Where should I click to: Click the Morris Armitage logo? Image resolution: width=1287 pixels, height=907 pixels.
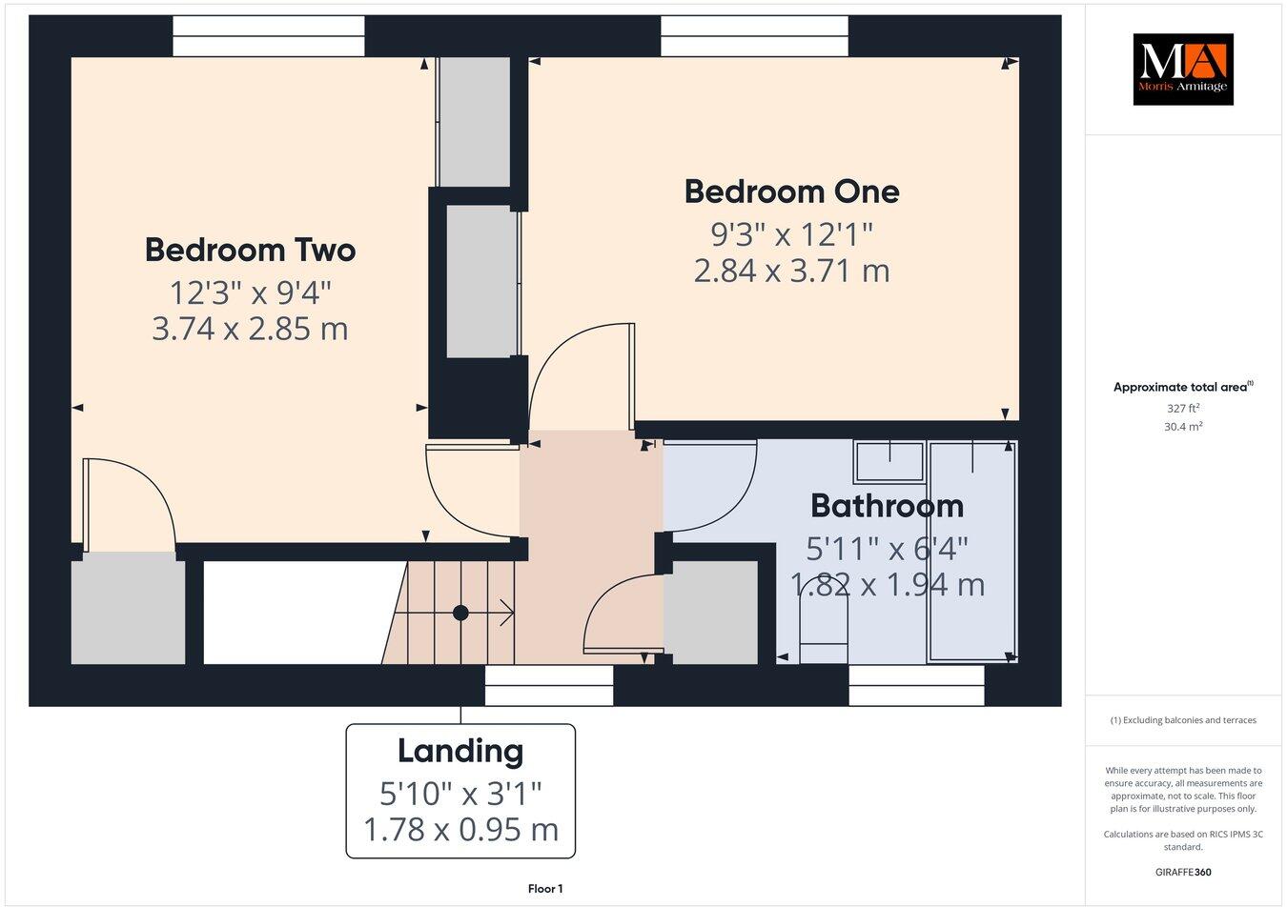click(1182, 70)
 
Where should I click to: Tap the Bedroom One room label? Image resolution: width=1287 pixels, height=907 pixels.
click(791, 191)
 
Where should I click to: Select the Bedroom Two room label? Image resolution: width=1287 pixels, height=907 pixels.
click(250, 250)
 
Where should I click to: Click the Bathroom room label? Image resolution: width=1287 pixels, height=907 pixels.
click(887, 505)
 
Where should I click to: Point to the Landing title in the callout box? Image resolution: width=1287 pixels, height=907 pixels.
click(460, 751)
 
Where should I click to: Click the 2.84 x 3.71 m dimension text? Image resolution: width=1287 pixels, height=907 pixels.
click(791, 271)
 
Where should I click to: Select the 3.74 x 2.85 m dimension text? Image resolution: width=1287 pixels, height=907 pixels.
click(250, 329)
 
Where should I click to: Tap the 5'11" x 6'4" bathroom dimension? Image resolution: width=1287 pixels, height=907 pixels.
click(887, 548)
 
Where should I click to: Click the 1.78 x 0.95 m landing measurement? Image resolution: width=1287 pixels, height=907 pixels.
click(460, 829)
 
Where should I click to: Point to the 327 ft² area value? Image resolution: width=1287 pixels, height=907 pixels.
click(1183, 408)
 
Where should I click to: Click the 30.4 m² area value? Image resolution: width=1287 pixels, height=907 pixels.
click(1183, 427)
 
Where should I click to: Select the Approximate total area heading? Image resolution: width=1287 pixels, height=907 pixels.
click(1183, 387)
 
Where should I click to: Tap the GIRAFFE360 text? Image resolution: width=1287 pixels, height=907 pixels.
click(1183, 872)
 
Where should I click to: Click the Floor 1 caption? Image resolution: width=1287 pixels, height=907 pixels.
click(545, 889)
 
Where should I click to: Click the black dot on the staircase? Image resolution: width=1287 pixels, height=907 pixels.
click(460, 613)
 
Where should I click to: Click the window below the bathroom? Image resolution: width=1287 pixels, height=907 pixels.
click(915, 685)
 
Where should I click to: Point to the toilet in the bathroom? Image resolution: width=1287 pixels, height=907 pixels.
click(824, 634)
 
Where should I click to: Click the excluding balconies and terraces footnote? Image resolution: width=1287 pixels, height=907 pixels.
click(1183, 720)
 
